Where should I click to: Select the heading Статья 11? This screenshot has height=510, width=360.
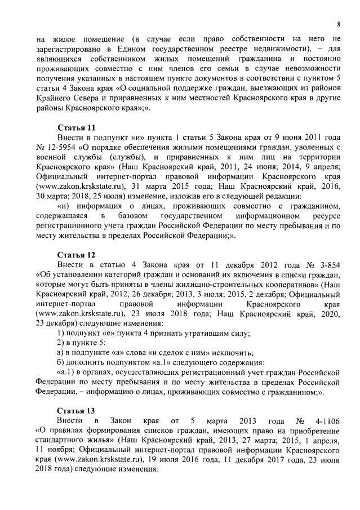[x=76, y=127]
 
